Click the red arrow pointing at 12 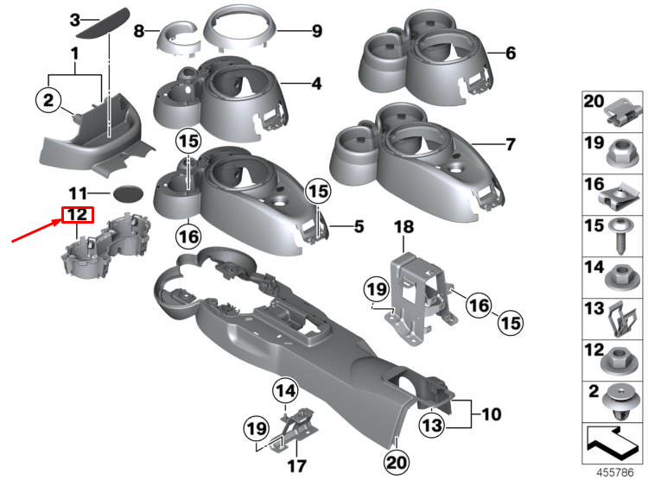coord(36,231)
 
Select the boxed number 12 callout coord(78,215)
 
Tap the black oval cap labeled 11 coord(128,193)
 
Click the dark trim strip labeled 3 coord(104,24)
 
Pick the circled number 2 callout coord(48,100)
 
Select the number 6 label coord(511,53)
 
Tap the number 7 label coord(511,144)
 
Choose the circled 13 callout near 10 coord(432,425)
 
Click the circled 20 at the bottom coord(397,462)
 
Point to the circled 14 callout coord(286,390)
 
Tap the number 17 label coord(296,466)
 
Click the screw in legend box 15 coord(619,237)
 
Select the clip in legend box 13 coord(624,319)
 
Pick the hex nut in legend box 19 coord(622,153)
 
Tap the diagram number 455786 coord(614,472)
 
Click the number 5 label coord(359,226)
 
